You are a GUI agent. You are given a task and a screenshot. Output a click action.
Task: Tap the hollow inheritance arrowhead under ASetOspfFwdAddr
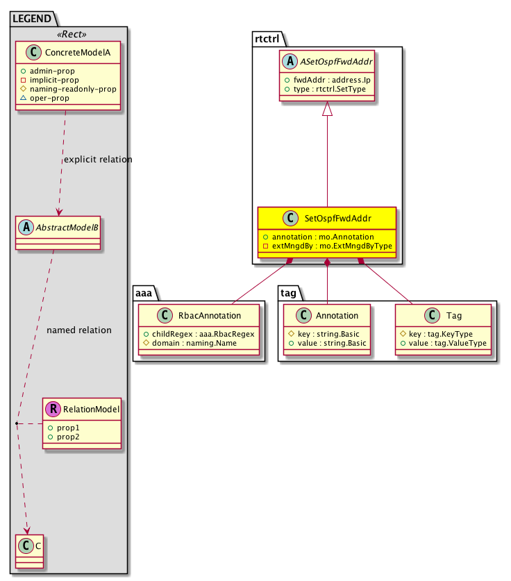327,110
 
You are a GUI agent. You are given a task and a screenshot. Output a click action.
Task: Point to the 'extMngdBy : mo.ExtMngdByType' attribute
331,246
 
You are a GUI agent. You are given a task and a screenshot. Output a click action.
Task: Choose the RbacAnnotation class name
210,315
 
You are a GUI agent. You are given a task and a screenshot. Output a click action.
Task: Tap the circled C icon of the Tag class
433,316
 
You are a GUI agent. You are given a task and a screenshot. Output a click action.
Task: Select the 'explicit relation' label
97,160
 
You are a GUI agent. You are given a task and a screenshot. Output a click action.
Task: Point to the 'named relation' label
78,330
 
